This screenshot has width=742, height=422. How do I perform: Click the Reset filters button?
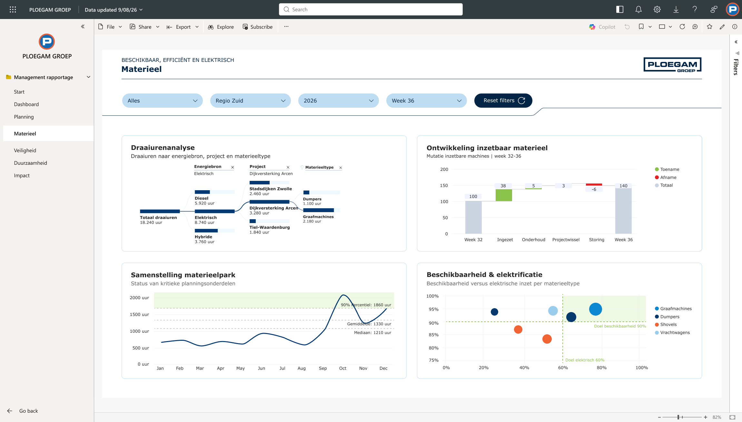tap(503, 101)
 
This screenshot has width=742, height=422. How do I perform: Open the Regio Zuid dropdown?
tap(250, 101)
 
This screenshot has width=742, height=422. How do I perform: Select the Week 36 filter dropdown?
tap(426, 101)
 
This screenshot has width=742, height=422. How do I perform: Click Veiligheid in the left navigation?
tap(25, 150)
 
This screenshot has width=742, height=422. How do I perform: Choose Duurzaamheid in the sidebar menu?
tap(31, 163)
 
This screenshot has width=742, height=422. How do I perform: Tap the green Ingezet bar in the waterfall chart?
tap(504, 195)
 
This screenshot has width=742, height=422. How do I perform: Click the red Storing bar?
tap(594, 184)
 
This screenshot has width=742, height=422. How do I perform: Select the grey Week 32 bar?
tap(473, 217)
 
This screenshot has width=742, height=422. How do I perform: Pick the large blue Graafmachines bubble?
tap(595, 309)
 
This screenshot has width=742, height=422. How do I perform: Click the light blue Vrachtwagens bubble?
tap(553, 311)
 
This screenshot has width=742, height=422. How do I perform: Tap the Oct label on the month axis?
tap(343, 368)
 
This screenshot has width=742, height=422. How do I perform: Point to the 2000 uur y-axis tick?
tap(139, 298)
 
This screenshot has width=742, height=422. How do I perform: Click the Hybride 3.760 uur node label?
tap(204, 239)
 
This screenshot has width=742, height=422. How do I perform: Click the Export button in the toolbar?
tap(183, 27)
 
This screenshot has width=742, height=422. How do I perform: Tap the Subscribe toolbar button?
tap(258, 27)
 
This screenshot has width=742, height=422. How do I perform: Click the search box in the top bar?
tap(371, 9)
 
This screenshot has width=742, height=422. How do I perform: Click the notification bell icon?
tap(638, 9)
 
